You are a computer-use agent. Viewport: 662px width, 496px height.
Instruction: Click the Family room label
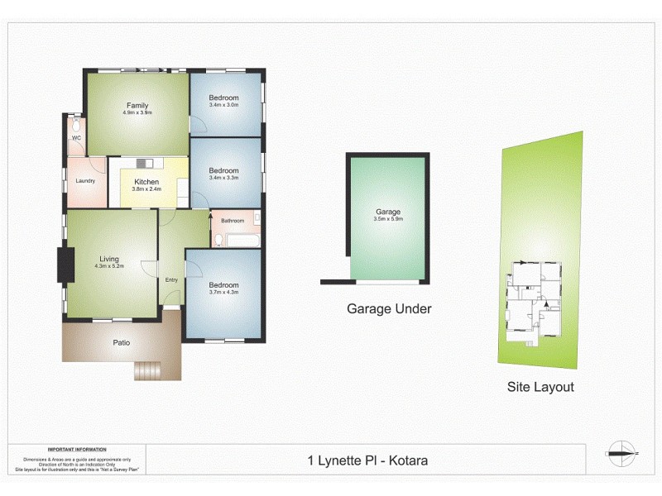[138, 105]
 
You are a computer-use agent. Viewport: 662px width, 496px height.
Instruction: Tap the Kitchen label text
[146, 182]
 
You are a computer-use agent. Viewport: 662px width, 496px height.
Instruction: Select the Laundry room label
[85, 180]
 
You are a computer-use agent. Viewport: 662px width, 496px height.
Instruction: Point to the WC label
[75, 138]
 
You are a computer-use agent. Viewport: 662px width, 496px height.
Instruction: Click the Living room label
[109, 258]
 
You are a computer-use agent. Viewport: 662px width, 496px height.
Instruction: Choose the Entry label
[171, 279]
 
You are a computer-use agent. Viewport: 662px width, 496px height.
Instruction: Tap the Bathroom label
[233, 221]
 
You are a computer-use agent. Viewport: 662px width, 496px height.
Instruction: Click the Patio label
[121, 342]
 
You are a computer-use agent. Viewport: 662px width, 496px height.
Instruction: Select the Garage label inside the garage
[388, 212]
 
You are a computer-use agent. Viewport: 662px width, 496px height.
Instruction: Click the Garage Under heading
[389, 309]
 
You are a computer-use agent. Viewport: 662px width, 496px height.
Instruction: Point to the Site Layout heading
[540, 386]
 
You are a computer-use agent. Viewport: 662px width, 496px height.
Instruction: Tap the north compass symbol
[621, 451]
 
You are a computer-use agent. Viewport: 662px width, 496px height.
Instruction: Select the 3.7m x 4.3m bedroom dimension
[223, 292]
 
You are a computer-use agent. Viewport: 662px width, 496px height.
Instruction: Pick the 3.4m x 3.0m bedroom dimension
[223, 105]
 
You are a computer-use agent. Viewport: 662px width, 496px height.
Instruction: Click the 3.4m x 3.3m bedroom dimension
[223, 178]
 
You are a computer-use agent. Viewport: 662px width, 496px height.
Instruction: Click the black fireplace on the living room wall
[60, 265]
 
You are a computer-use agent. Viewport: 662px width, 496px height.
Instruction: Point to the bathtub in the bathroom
[242, 241]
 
